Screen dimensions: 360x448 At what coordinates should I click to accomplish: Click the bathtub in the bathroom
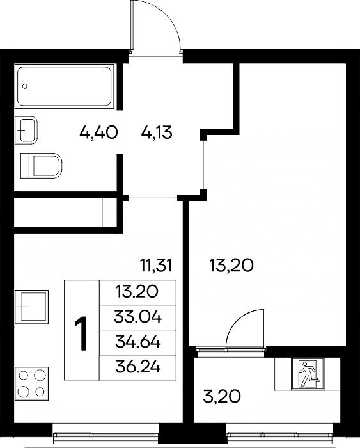tap(64, 86)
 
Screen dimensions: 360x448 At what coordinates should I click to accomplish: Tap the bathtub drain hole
tap(25, 86)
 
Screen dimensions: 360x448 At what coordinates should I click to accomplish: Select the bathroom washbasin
tap(26, 130)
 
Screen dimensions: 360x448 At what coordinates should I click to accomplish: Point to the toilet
tap(42, 166)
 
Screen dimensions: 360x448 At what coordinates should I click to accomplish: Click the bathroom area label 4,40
tap(98, 133)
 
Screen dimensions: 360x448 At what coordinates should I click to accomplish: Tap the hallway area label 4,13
tap(157, 133)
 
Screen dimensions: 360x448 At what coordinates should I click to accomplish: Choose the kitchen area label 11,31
tap(156, 266)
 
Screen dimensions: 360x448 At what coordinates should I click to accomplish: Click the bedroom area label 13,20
tap(231, 266)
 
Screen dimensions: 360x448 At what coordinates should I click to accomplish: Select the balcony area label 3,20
tap(222, 396)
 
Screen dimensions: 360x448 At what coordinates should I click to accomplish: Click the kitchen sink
tap(32, 307)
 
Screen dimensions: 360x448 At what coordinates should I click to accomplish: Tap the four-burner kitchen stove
tap(32, 383)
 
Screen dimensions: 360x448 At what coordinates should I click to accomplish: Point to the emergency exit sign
tap(308, 374)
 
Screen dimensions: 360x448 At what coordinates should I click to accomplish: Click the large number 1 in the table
tap(81, 333)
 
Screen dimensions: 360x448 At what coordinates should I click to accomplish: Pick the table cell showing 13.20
tap(137, 292)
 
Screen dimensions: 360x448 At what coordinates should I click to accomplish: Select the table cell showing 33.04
tap(137, 317)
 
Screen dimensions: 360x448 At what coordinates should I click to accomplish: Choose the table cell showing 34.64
tap(137, 342)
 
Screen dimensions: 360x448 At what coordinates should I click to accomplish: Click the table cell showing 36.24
tap(137, 368)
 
